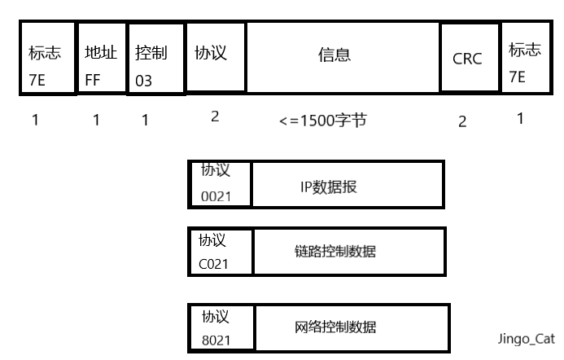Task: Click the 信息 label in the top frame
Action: click(334, 55)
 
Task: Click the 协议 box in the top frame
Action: click(216, 55)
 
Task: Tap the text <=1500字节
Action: click(322, 121)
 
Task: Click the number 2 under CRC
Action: click(462, 121)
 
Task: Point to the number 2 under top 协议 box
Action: click(215, 116)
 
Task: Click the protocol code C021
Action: click(214, 264)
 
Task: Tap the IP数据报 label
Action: click(329, 187)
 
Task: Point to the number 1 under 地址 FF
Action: click(96, 121)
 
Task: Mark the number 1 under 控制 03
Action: click(145, 121)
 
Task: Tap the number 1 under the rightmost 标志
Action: click(520, 119)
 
